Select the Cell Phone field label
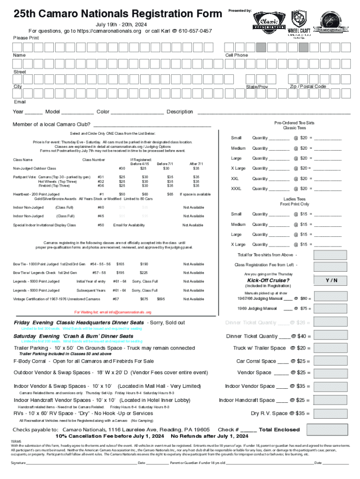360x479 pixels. click(x=237, y=55)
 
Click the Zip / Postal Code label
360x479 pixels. click(x=308, y=87)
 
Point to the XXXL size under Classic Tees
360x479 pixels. click(x=237, y=189)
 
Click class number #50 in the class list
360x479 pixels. click(x=101, y=225)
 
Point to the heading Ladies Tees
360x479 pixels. click(x=295, y=199)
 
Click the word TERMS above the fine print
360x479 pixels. click(x=16, y=441)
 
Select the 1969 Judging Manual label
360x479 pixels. click(x=257, y=309)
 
